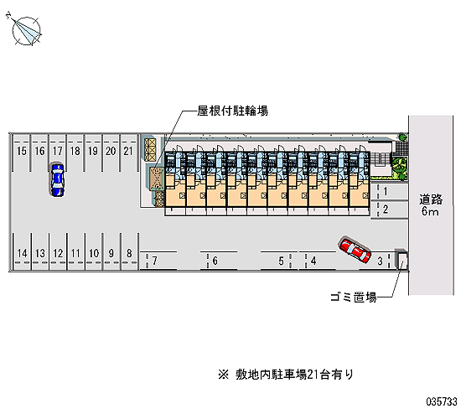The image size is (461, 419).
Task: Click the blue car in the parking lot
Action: point(57,179)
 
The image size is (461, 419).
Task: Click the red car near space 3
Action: point(355,250)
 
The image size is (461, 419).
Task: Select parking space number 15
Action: point(21,153)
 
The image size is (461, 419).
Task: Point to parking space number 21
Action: point(128,153)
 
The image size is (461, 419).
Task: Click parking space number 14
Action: point(22,251)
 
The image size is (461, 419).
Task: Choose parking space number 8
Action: point(129,251)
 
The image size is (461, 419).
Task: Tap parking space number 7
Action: point(158,261)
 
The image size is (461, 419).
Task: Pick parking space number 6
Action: point(219,261)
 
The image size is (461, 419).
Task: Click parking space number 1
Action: point(389,192)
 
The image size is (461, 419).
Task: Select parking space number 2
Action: point(389,209)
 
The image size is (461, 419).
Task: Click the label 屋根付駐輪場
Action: point(232,111)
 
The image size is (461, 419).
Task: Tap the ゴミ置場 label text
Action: point(354,297)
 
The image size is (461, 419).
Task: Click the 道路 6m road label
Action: point(431,205)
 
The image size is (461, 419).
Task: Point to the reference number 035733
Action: point(442,401)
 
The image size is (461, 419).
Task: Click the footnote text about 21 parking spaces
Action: point(286,375)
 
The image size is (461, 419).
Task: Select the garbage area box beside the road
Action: point(401,260)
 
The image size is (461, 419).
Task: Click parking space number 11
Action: point(75,251)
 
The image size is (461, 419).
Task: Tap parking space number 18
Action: point(75,153)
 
